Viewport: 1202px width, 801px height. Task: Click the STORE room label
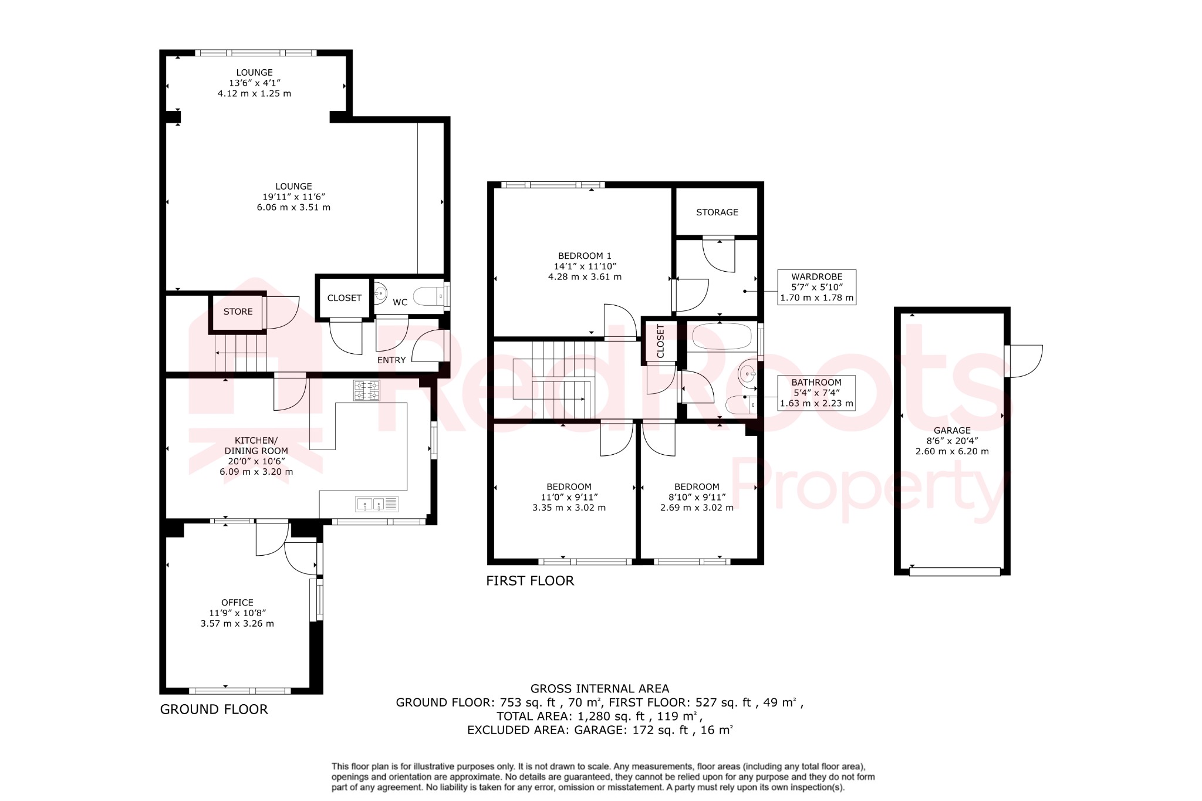coord(238,312)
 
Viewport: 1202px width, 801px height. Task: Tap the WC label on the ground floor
coord(400,302)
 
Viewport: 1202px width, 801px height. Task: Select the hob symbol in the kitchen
coord(366,391)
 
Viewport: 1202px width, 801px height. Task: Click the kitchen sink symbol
coord(376,503)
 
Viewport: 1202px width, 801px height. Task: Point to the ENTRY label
coord(391,360)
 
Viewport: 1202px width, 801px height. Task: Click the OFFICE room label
coord(237,603)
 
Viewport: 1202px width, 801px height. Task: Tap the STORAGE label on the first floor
coord(717,212)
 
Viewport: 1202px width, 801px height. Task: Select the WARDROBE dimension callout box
coord(816,287)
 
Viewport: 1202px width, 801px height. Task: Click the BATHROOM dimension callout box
coord(816,393)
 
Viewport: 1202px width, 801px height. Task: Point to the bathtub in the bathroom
coord(722,337)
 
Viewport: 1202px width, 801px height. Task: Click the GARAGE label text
coord(951,430)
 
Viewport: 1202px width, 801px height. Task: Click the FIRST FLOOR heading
coord(529,581)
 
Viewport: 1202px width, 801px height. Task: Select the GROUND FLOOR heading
coord(214,709)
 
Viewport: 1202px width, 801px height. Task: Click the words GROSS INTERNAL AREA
coord(599,688)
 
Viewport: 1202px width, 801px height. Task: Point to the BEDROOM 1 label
coord(584,256)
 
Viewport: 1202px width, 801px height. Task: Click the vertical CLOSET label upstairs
coord(660,341)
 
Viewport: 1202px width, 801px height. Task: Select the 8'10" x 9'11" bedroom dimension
coord(697,497)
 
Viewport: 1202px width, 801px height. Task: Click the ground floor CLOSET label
coord(344,298)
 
